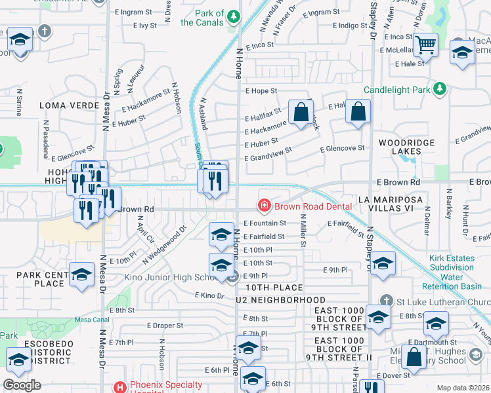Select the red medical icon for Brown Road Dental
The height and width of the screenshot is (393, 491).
click(265, 206)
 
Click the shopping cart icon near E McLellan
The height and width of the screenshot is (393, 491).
click(427, 45)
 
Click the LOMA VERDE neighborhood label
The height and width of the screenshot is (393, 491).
click(63, 105)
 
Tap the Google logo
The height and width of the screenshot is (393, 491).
click(22, 384)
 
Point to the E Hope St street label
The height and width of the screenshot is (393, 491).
click(261, 92)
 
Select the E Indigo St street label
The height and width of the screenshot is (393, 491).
click(350, 26)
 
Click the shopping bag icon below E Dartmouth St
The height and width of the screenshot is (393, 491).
click(414, 358)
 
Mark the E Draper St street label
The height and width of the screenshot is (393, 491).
click(165, 325)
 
